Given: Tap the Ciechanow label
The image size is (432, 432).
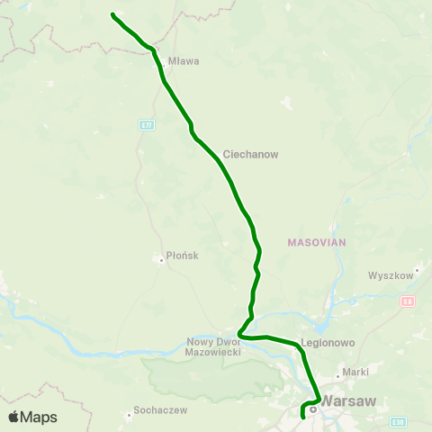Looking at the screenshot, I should tap(250, 154).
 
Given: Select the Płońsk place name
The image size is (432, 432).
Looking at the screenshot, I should tap(182, 256).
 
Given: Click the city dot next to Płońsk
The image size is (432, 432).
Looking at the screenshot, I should tap(161, 256).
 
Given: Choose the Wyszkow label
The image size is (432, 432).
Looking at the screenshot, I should tap(389, 275).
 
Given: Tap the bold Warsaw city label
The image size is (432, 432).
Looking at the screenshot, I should tap(347, 402).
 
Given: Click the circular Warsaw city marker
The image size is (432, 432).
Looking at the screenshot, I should tap(312, 409).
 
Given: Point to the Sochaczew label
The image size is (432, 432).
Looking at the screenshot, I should tap(159, 410).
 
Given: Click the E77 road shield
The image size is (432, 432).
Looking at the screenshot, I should tap(146, 124).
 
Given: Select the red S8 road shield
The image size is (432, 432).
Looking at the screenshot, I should tap(408, 301).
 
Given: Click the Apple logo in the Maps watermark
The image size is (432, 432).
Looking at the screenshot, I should tap(14, 417).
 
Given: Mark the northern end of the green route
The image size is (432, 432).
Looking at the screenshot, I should tap(112, 13).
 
